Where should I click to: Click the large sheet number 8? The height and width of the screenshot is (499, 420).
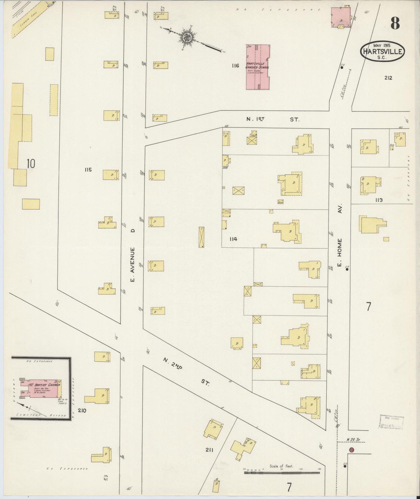[x=395, y=23]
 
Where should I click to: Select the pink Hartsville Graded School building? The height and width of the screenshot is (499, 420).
[x=258, y=67]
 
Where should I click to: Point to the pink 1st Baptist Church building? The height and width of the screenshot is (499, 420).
[x=41, y=388]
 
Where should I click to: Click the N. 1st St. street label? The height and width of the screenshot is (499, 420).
[x=272, y=119]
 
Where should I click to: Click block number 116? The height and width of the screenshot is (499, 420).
[x=235, y=66]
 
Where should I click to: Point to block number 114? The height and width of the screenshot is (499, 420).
[x=233, y=239]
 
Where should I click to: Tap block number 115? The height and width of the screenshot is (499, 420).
[x=88, y=170]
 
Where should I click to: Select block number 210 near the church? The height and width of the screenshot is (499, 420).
[x=82, y=410]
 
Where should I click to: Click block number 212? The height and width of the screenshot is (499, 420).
[x=388, y=78]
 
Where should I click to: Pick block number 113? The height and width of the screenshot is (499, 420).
[x=378, y=200]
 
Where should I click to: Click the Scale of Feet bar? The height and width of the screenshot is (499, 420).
[x=281, y=473]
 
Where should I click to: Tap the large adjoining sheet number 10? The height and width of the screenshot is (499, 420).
[x=31, y=164]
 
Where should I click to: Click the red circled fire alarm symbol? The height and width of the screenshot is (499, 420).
[x=351, y=450]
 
